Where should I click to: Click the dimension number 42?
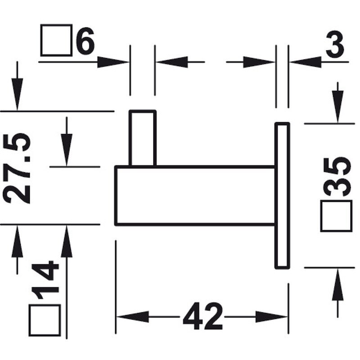pyautogui.click(x=203, y=316)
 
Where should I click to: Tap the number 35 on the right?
pyautogui.click(x=337, y=176)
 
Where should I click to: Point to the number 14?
pyautogui.click(x=45, y=280)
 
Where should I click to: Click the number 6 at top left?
pyautogui.click(x=85, y=40)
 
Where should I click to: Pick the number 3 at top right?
pyautogui.click(x=335, y=44)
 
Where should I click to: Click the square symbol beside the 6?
pyautogui.click(x=56, y=40)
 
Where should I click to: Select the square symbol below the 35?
pyautogui.click(x=336, y=216)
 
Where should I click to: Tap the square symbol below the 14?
pyautogui.click(x=45, y=320)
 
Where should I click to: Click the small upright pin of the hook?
pyautogui.click(x=143, y=138)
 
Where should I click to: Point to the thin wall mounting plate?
pyautogui.click(x=282, y=196)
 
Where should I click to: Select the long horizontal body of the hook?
pyautogui.click(x=195, y=195)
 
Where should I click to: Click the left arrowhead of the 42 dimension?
pyautogui.click(x=133, y=317)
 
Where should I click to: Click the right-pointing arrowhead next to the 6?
pyautogui.click(x=113, y=62)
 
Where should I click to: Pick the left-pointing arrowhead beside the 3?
pyautogui.click(x=306, y=62)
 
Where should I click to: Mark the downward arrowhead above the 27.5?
pyautogui.click(x=17, y=94)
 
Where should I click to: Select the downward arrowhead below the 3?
pyautogui.click(x=338, y=107)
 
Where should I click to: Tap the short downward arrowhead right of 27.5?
pyautogui.click(x=67, y=150)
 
